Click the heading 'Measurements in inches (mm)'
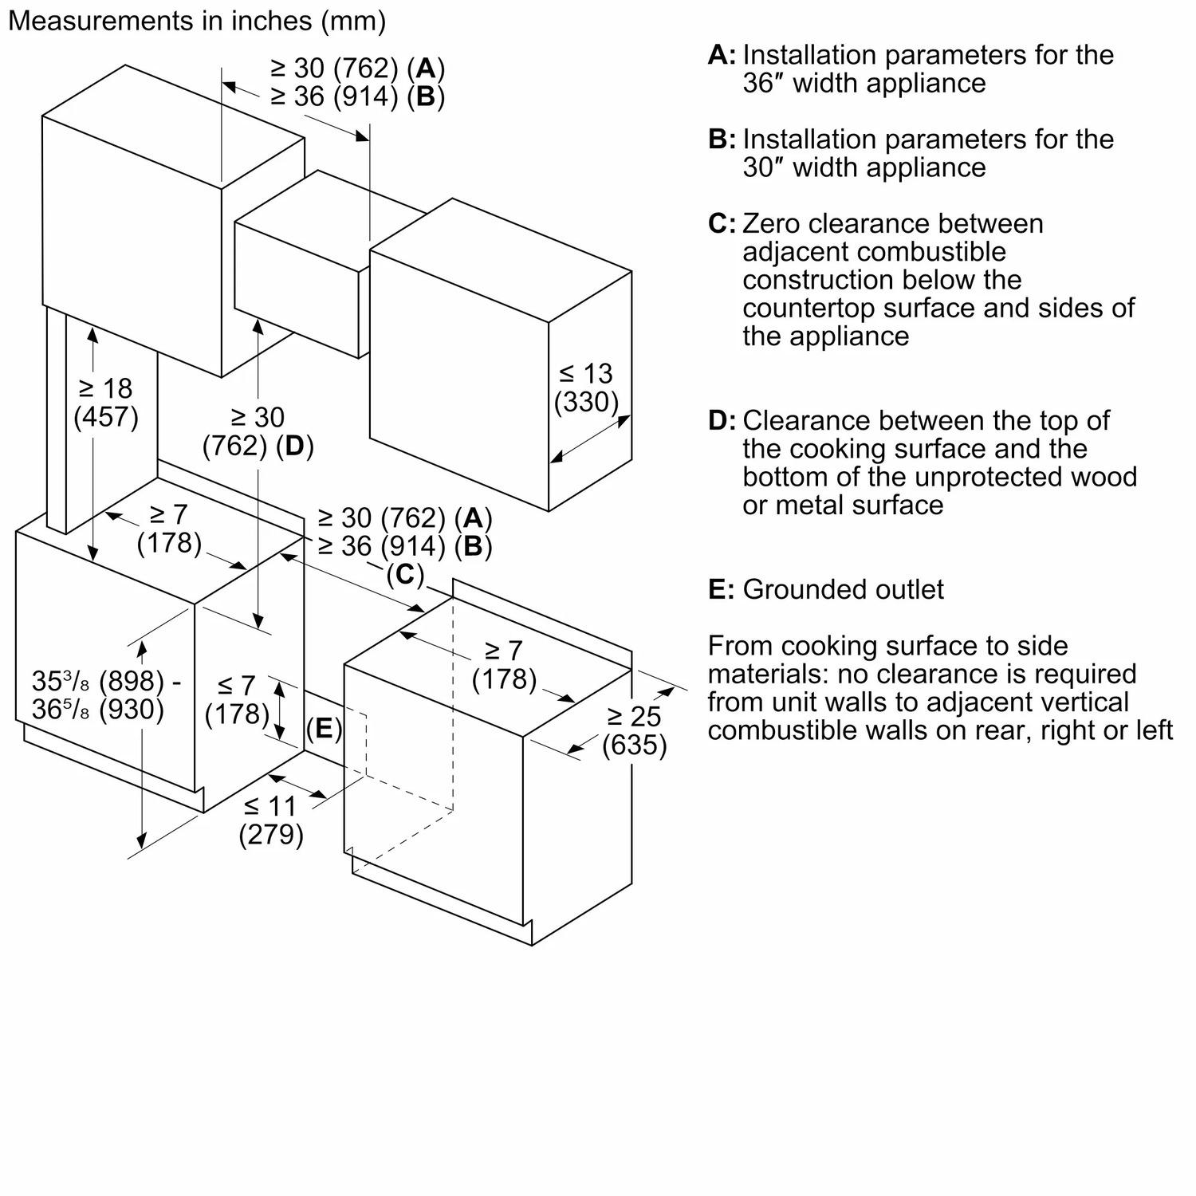[x=196, y=22]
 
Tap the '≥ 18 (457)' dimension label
[x=106, y=403]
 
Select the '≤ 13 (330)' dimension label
[x=587, y=388]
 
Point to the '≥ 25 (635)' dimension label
[x=634, y=730]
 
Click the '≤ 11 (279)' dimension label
[x=271, y=820]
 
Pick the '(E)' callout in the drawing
[x=324, y=728]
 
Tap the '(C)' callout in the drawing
[x=404, y=574]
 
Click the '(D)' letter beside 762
[x=294, y=446]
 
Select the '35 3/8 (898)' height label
[x=98, y=681]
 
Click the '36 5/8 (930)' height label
[x=98, y=709]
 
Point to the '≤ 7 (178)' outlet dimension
[x=237, y=699]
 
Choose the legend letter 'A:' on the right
[x=722, y=55]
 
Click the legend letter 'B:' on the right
[x=722, y=140]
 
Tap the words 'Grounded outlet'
[x=843, y=589]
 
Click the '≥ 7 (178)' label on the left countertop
[x=169, y=528]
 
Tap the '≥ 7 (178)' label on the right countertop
[x=504, y=664]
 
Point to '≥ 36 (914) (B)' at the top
[x=357, y=96]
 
